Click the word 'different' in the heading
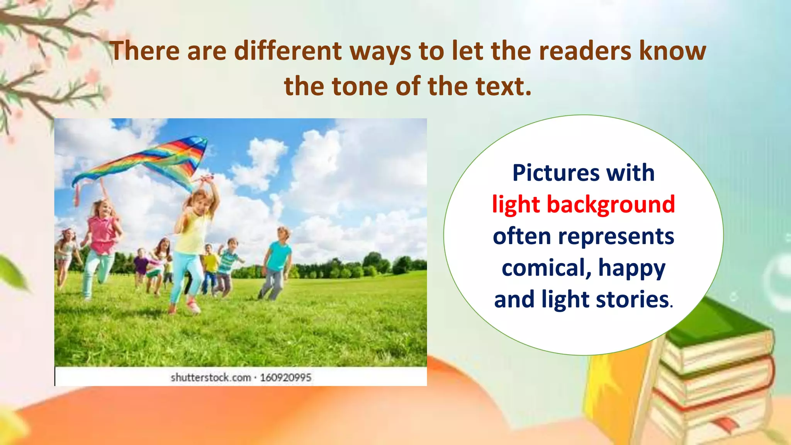(x=288, y=51)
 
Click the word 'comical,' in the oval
(x=546, y=268)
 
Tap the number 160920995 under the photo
(x=285, y=377)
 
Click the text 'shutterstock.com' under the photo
(x=211, y=377)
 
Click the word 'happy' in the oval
(x=632, y=268)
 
